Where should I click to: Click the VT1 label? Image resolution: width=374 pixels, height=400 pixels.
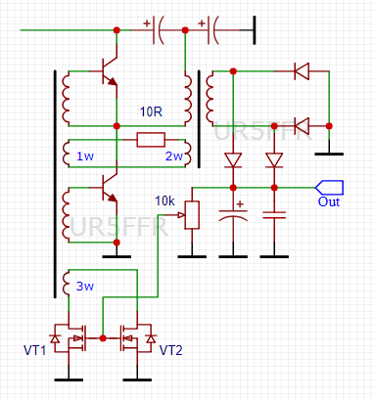[34, 350]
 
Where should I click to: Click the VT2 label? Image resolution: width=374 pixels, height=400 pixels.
[170, 350]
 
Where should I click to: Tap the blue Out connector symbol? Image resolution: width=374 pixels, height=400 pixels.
[329, 188]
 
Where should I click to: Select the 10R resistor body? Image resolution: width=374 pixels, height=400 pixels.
[151, 140]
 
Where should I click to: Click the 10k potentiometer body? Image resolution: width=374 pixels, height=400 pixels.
[192, 215]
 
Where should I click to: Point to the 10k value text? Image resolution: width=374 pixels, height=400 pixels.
[164, 201]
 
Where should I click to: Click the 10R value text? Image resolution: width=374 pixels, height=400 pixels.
[151, 111]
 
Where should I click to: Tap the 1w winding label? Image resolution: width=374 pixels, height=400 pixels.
[85, 156]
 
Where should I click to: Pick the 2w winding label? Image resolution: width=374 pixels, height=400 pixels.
[174, 156]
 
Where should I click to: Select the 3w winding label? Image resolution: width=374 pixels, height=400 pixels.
[85, 287]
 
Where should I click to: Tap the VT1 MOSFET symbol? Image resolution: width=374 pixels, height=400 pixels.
[70, 338]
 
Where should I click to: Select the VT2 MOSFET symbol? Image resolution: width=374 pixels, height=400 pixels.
[137, 338]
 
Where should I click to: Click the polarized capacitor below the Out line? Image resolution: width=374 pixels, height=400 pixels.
[233, 215]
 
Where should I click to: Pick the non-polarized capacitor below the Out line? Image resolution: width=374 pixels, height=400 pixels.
[274, 215]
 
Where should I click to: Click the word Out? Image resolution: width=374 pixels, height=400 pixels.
[329, 202]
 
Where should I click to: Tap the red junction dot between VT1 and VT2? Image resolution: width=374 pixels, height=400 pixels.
[103, 338]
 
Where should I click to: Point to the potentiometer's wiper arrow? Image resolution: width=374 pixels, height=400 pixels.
[181, 215]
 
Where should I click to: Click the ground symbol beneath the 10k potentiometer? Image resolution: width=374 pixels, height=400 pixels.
[192, 256]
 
